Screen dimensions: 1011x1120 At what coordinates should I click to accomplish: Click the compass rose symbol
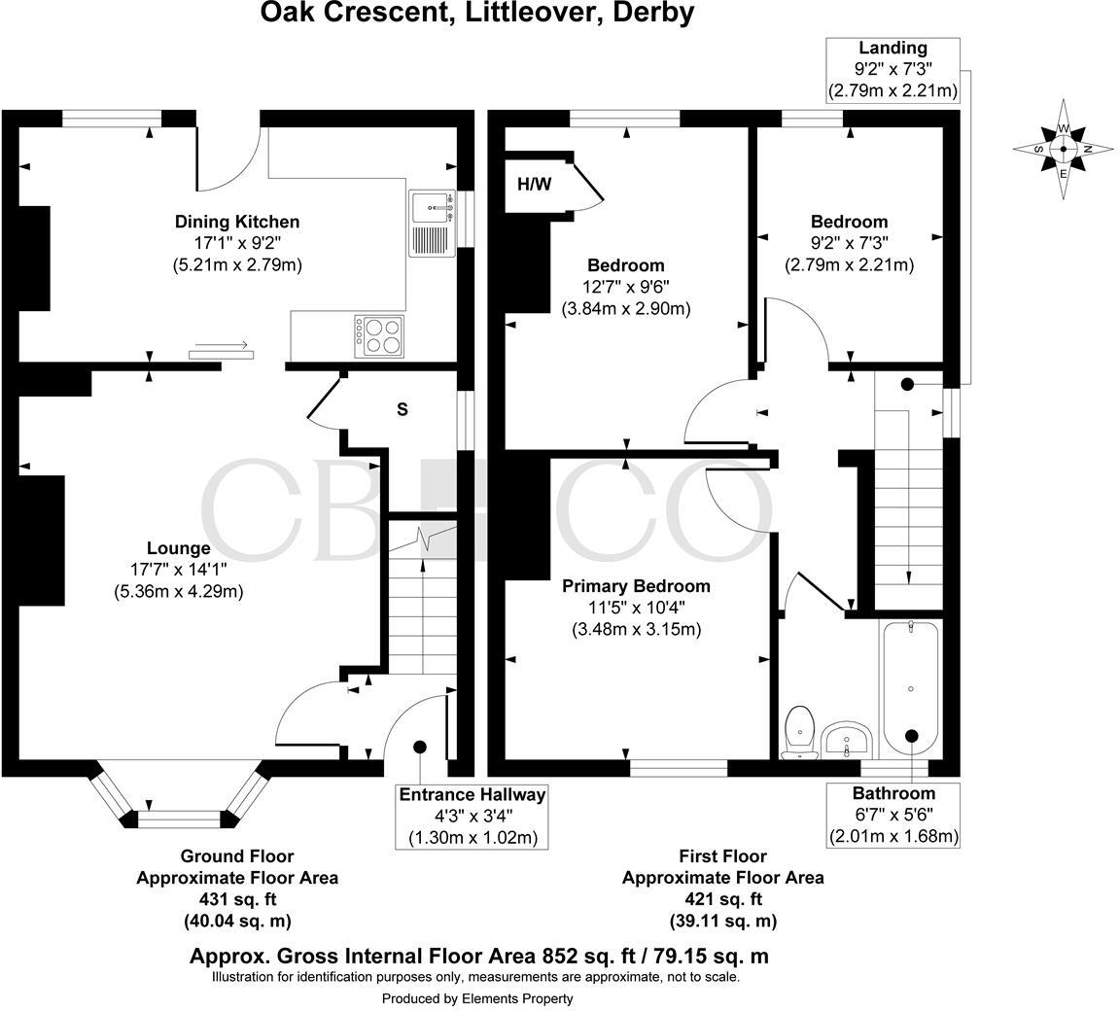pos(1063,149)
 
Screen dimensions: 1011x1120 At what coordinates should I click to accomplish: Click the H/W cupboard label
pos(534,184)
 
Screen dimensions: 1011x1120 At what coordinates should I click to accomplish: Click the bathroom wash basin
pos(848,741)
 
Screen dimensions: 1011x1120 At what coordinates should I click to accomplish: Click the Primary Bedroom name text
pos(636,586)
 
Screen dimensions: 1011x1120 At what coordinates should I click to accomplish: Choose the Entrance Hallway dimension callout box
pos(472,816)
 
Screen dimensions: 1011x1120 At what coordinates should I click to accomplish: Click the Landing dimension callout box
pos(892,70)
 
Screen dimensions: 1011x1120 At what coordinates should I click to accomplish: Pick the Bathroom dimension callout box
pos(892,815)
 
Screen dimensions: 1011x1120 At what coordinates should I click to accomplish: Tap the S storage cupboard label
pos(402,409)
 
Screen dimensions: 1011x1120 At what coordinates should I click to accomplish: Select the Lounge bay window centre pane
pos(179,818)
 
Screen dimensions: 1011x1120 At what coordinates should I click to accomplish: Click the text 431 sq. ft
pos(236,898)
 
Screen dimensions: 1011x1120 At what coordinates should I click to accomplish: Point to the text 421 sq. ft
pos(722,898)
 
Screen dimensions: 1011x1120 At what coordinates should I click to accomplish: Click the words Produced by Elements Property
pos(476,998)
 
